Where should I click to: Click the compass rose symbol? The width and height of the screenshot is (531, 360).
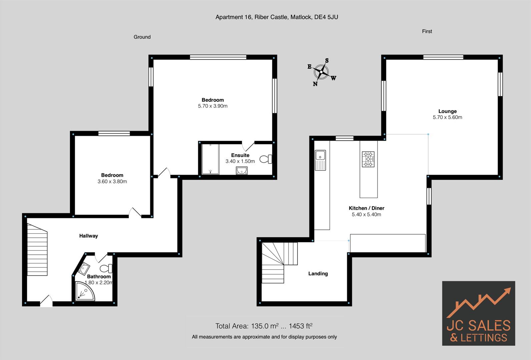click(x=322, y=72)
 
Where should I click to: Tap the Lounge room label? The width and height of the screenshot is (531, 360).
click(x=447, y=111)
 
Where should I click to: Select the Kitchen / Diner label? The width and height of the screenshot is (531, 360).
click(x=366, y=208)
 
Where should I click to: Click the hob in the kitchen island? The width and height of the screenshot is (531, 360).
click(x=368, y=159)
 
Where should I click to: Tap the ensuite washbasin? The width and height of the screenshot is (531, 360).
click(x=241, y=171)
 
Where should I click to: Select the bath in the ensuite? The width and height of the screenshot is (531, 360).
click(x=210, y=159)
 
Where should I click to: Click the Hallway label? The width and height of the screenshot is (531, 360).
click(x=88, y=236)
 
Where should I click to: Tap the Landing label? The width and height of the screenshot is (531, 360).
click(x=318, y=273)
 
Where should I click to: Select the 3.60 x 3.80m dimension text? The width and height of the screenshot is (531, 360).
click(x=112, y=181)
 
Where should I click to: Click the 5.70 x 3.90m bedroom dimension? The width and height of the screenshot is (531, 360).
click(x=212, y=106)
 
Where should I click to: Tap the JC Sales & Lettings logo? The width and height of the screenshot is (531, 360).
click(x=478, y=313)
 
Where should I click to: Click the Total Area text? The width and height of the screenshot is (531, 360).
click(x=264, y=326)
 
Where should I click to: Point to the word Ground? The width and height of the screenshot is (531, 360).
click(x=142, y=37)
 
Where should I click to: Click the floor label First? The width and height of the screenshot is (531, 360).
click(x=427, y=31)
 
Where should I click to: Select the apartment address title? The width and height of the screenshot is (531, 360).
click(x=277, y=17)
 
